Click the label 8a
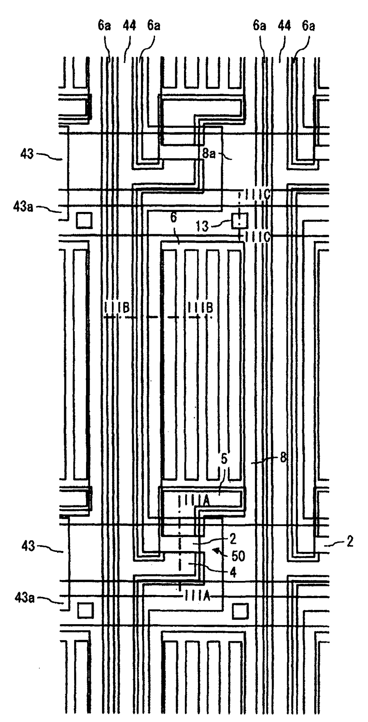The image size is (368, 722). pos(209,153)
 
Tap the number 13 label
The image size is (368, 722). pos(202,226)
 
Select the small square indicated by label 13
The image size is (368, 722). pos(239,221)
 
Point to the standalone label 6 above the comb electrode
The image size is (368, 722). pos(174,218)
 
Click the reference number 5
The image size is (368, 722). pos(224,459)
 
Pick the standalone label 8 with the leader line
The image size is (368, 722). pos(283,458)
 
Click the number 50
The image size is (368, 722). pos(238,556)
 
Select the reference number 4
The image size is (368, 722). pos(233,572)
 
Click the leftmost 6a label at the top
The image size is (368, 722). pos(104,26)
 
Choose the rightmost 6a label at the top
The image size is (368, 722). pos(308,26)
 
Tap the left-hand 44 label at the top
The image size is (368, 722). pos(129,26)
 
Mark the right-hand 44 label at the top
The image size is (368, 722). pos(284,26)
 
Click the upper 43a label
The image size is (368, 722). pos(23,206)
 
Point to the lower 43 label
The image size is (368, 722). pos(28,546)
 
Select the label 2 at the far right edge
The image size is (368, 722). pos(350,541)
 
